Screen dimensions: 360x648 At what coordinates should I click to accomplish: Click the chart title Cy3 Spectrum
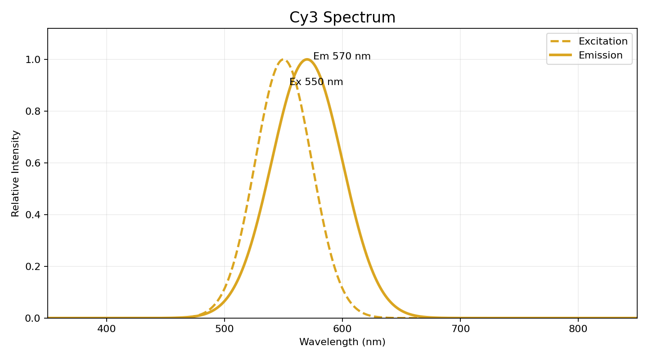pos(342,18)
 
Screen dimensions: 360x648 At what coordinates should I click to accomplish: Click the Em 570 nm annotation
pos(342,57)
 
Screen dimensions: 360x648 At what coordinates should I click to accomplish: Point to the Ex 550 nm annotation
pos(316,82)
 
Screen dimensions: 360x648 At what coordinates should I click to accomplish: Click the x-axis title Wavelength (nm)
pos(342,342)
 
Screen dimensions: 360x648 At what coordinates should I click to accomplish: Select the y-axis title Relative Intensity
pos(16,173)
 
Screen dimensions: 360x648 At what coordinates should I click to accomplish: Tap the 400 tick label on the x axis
pos(107,329)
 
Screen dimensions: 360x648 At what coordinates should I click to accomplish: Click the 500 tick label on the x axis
pos(225,329)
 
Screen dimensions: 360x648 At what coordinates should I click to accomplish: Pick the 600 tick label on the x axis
pos(342,329)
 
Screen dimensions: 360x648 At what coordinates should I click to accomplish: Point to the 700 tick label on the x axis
pos(460,329)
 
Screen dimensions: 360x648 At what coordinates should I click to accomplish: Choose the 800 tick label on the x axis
pos(578,329)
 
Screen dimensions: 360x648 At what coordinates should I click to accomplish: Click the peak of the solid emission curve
pos(307,59)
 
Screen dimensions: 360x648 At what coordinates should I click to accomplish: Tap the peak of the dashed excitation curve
pos(283,59)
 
